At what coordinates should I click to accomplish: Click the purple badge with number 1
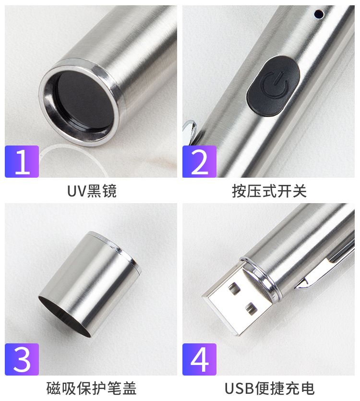pyautogui.click(x=22, y=161)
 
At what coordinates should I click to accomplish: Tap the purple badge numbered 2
pyautogui.click(x=199, y=161)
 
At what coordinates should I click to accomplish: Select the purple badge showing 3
pyautogui.click(x=22, y=359)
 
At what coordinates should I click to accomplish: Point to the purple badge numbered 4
pyautogui.click(x=199, y=359)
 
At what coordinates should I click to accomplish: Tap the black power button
pyautogui.click(x=273, y=85)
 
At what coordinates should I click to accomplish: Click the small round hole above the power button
pyautogui.click(x=319, y=14)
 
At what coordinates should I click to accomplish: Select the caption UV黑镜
pyautogui.click(x=92, y=191)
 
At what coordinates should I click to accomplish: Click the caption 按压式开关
pyautogui.click(x=269, y=191)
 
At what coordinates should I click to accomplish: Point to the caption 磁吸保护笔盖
pyautogui.click(x=91, y=389)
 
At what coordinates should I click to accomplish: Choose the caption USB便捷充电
pyautogui.click(x=269, y=389)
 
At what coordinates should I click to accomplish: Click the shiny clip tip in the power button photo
pyautogui.click(x=190, y=131)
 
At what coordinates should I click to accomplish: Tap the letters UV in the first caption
pyautogui.click(x=77, y=191)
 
